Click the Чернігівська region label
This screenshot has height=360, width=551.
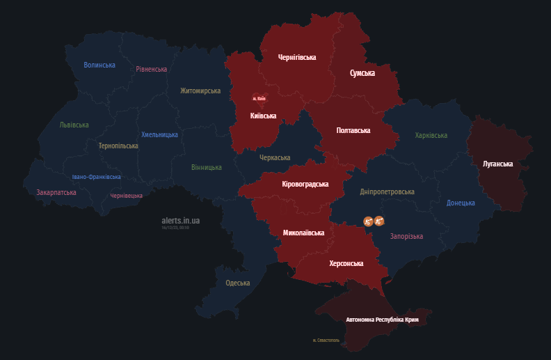click(297, 58)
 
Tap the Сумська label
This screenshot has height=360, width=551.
click(362, 73)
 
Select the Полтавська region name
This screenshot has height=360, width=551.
click(353, 130)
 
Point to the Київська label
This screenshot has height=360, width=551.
click(263, 116)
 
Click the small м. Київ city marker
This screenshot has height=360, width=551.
click(259, 98)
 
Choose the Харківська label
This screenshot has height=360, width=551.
click(431, 135)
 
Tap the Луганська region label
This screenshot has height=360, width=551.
click(497, 164)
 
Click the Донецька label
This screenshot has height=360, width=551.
click(461, 203)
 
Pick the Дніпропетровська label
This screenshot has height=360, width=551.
click(388, 191)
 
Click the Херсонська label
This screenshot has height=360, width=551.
click(346, 264)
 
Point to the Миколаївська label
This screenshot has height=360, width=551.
click(304, 232)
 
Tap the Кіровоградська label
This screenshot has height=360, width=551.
click(305, 185)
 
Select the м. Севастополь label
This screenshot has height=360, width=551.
click(326, 341)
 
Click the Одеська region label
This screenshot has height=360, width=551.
click(238, 283)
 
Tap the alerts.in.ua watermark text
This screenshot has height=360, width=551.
click(180, 221)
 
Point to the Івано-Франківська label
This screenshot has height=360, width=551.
click(96, 177)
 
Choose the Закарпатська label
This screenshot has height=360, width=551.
click(56, 192)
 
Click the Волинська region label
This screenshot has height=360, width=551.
click(99, 65)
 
